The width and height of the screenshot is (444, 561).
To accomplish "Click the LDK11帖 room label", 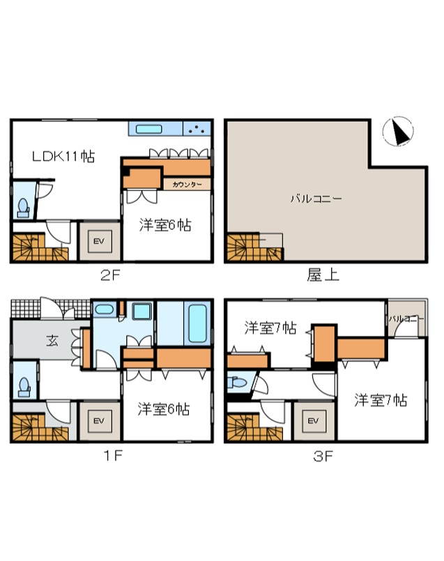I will click(63, 157).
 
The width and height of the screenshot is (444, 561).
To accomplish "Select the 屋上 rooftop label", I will click(323, 275).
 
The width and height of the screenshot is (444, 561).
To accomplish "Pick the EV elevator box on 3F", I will click(313, 421).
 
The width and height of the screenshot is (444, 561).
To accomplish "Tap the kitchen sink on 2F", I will click(148, 129).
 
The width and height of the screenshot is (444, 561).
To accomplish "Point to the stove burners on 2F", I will click(197, 129).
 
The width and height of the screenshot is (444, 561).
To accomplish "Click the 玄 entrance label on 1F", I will click(52, 341).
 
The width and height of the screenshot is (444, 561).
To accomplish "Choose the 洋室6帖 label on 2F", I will click(165, 225).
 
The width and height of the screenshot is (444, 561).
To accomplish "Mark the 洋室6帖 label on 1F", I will click(163, 409).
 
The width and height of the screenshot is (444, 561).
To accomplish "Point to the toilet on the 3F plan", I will click(237, 383).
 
